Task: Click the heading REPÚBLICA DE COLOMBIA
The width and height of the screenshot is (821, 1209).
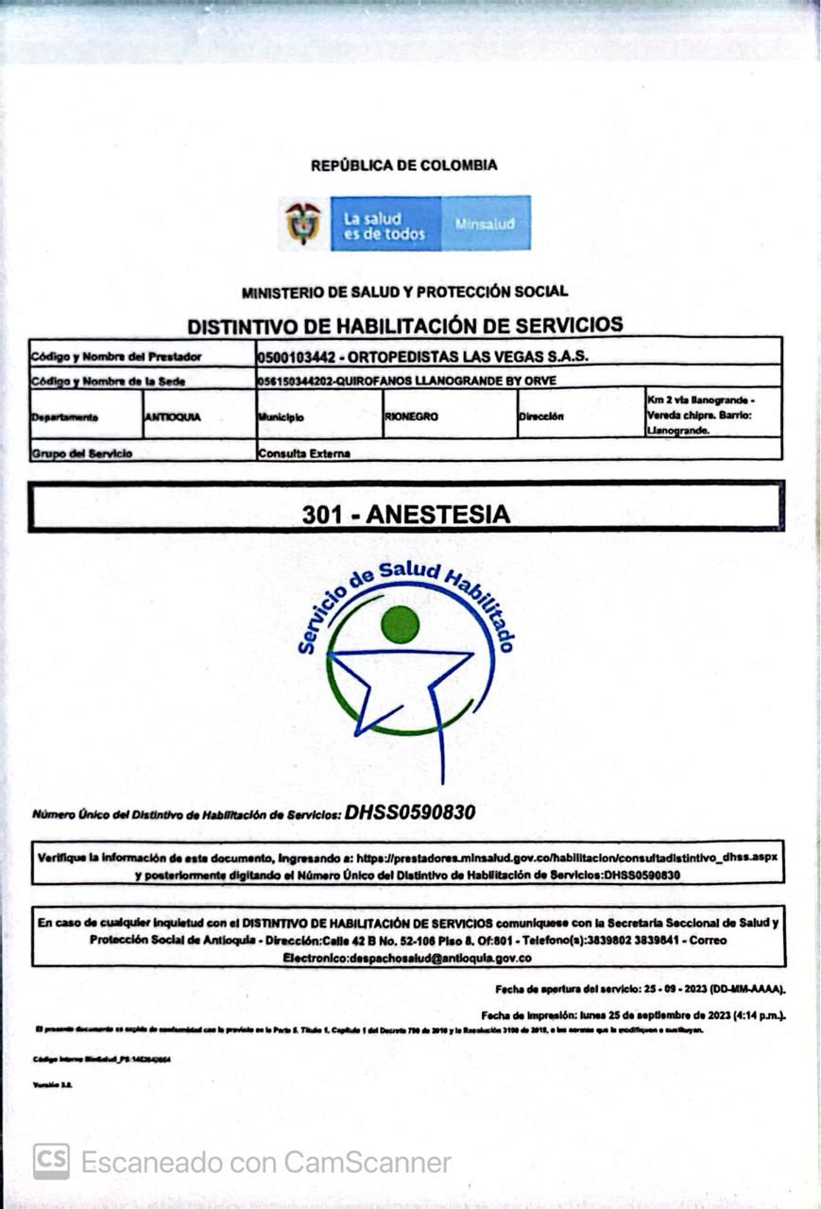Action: click(x=403, y=165)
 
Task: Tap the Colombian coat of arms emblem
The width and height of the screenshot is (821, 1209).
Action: click(x=303, y=223)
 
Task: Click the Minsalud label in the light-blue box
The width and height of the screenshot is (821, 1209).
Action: click(x=485, y=225)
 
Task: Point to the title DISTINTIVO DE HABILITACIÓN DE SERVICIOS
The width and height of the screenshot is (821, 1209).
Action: click(x=404, y=325)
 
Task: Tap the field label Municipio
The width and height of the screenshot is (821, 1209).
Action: click(x=281, y=417)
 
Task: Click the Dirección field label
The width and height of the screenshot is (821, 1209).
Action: click(x=540, y=417)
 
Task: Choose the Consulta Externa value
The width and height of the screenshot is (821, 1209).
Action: click(x=304, y=453)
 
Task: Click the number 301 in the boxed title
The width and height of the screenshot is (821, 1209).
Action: click(x=322, y=515)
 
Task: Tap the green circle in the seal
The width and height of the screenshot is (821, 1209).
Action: click(x=400, y=624)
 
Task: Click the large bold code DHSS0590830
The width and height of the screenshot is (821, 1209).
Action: click(x=410, y=812)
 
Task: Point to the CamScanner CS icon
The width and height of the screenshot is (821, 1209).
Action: click(x=51, y=1161)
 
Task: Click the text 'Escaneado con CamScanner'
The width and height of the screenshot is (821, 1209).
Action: click(x=265, y=1162)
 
